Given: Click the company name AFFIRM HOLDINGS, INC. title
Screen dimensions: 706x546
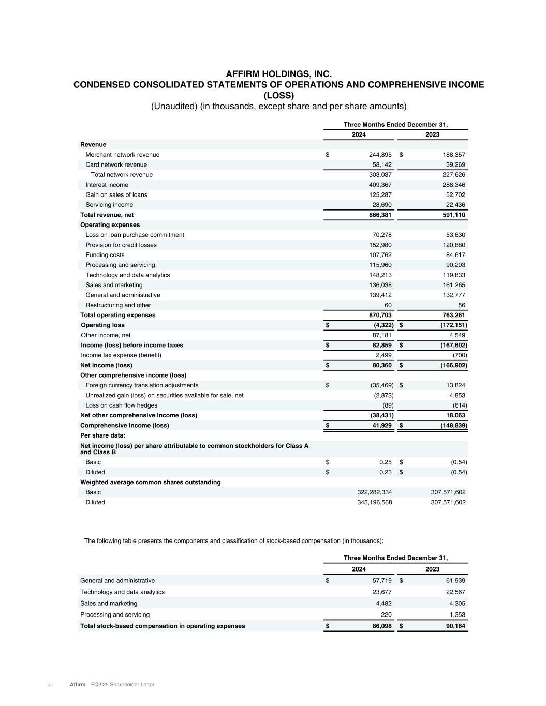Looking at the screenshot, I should click(278, 74).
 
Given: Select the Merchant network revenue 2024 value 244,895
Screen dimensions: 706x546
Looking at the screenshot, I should click(377, 155).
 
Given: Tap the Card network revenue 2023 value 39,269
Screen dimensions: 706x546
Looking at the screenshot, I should click(453, 164).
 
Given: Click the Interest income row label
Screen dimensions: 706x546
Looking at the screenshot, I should click(107, 185).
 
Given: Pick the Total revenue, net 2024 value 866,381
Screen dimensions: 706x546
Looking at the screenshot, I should click(379, 215).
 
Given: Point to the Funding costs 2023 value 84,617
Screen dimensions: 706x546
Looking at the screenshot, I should click(453, 255).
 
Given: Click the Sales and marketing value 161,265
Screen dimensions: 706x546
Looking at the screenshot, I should click(451, 285).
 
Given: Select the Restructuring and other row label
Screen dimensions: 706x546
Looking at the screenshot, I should click(118, 305).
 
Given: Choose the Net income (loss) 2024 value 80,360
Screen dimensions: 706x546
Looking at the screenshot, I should click(380, 365).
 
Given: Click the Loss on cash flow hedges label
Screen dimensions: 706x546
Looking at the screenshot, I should click(121, 405).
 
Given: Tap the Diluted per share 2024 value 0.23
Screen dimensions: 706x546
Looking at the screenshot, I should click(385, 472).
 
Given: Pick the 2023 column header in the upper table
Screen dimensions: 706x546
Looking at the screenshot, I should click(432, 134).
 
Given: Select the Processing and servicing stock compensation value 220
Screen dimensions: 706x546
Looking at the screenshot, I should click(386, 615).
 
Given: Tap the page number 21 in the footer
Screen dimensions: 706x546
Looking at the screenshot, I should click(51, 685).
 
